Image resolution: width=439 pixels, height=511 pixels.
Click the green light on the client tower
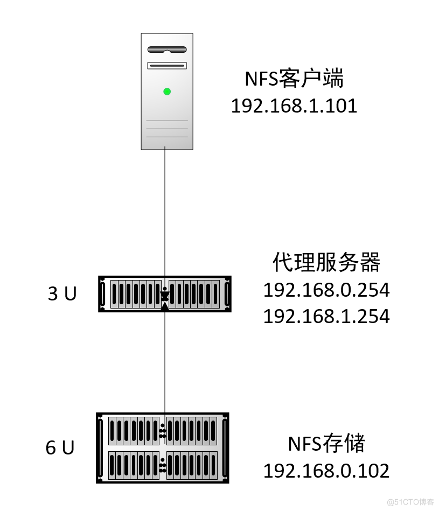pos(167,92)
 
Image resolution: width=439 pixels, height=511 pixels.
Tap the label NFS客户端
pos(294,80)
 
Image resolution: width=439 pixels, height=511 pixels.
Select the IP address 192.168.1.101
pos(294,106)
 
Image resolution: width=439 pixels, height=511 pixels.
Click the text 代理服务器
pos(326,263)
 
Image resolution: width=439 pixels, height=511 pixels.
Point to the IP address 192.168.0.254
pos(326,290)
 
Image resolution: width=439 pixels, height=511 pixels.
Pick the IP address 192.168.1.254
pos(326,316)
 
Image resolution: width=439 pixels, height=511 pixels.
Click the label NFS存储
pos(326,444)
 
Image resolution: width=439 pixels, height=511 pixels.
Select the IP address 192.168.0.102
pos(326,471)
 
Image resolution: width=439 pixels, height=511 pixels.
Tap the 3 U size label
pos(62,294)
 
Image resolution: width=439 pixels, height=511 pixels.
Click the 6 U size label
pos(60,448)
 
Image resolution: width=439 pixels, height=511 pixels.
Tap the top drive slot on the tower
pos(167,50)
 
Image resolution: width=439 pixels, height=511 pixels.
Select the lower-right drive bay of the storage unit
pos(191,465)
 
